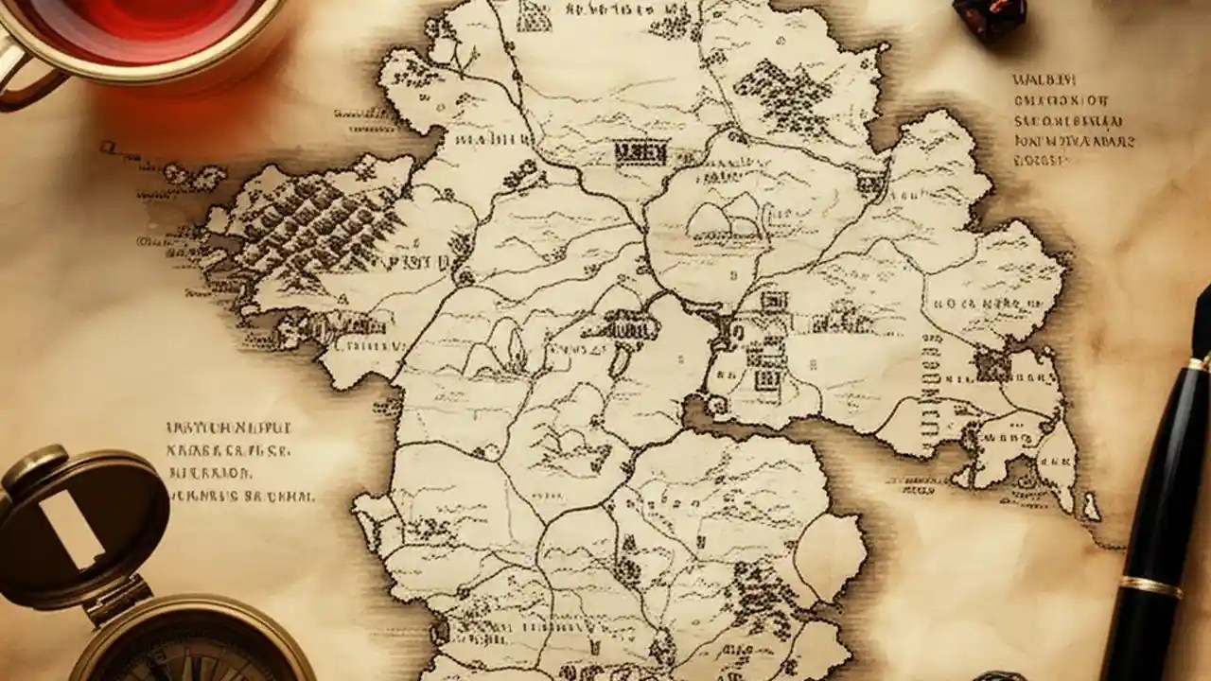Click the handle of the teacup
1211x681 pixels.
21,76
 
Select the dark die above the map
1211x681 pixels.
989,17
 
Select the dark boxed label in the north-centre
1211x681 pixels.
641,151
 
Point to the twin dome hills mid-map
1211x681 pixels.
724,219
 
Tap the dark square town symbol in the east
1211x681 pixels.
992,365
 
